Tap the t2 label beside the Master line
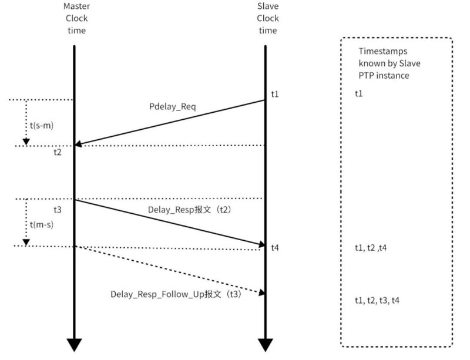pyautogui.click(x=57, y=152)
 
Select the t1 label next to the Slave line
pyautogui.click(x=275, y=94)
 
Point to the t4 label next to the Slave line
pyautogui.click(x=275, y=248)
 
